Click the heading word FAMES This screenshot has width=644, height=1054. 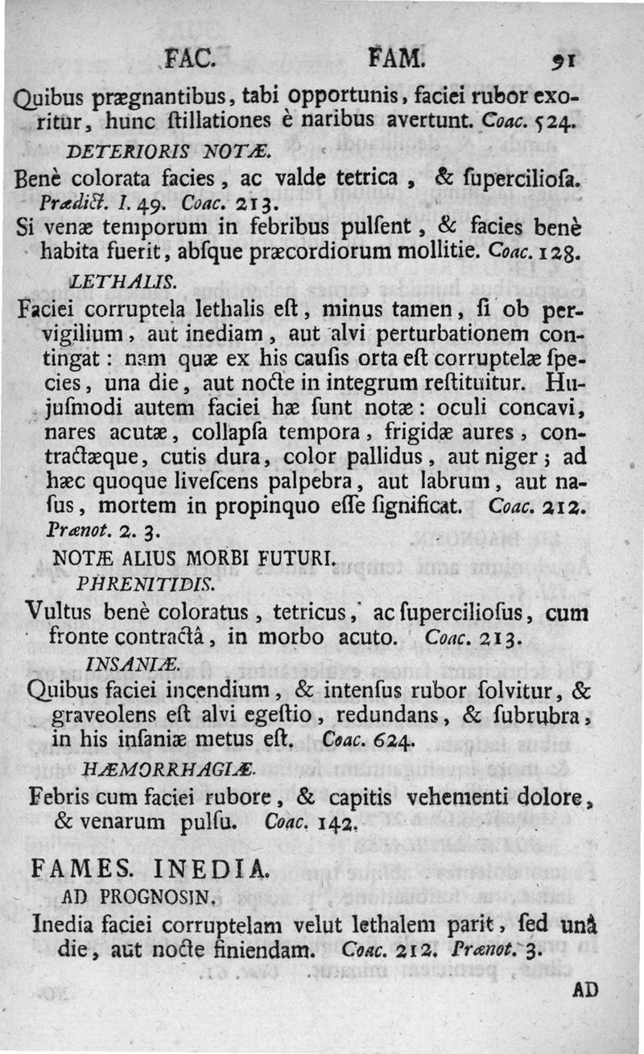pyautogui.click(x=80, y=870)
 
